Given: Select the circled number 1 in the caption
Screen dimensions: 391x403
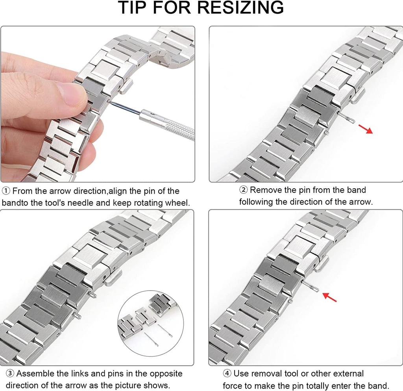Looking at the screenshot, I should tap(6, 191).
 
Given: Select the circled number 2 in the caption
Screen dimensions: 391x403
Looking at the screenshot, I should tap(244, 190).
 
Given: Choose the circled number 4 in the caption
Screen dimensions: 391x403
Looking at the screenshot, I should tap(227, 373).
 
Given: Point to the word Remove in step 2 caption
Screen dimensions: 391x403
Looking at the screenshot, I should tap(266, 190).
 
